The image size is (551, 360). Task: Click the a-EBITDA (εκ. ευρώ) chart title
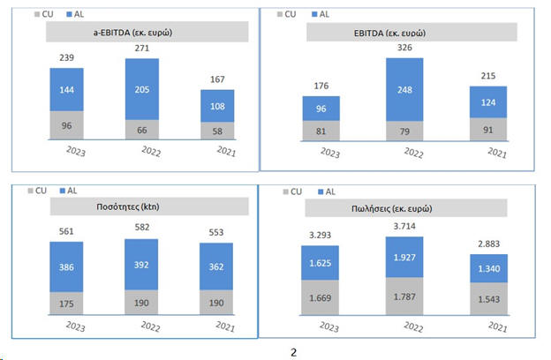[x=132, y=33]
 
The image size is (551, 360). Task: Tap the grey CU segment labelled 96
[x=67, y=125]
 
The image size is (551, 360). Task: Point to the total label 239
[x=67, y=58]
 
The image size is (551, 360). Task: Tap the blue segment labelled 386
[x=67, y=265]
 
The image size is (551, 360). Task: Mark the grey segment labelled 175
[x=67, y=303]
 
